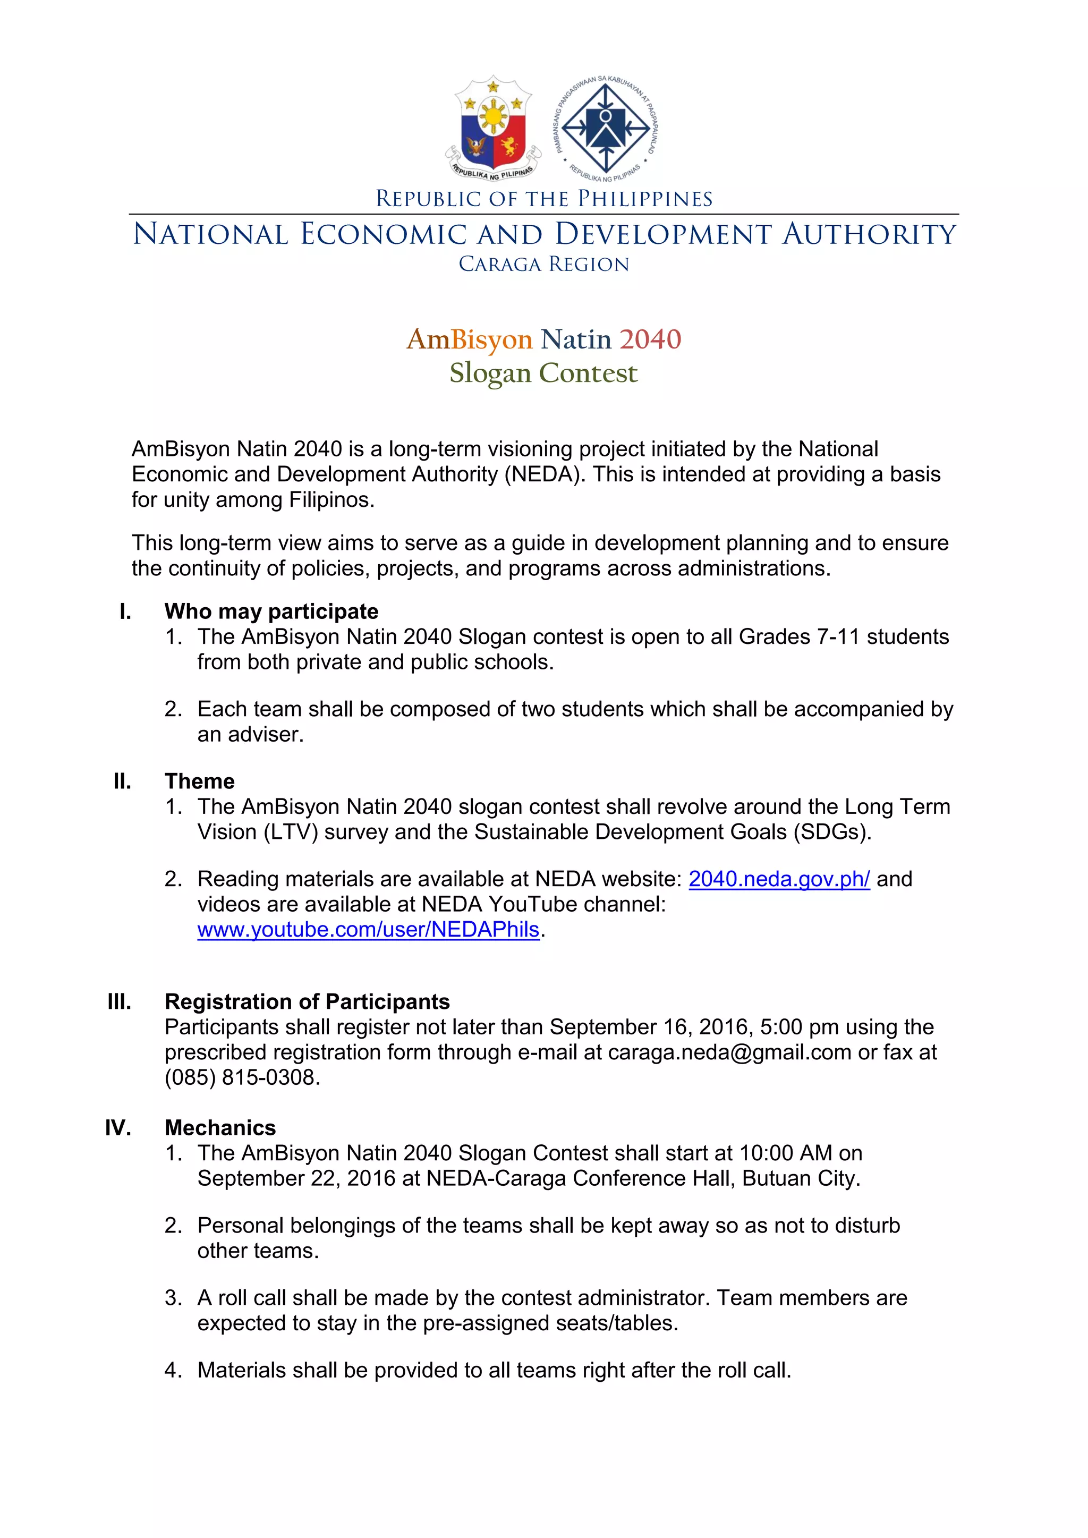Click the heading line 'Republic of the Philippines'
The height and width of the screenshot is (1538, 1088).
click(x=544, y=199)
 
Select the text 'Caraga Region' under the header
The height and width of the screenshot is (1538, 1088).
click(x=544, y=265)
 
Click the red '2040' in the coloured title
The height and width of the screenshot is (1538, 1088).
click(x=650, y=339)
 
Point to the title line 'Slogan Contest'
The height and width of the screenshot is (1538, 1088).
click(x=544, y=373)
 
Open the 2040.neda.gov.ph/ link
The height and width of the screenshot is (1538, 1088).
click(x=778, y=879)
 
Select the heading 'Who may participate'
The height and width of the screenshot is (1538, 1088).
click(x=271, y=611)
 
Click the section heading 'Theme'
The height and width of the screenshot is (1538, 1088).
click(x=200, y=781)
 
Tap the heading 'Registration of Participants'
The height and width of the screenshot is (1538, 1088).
click(x=307, y=1001)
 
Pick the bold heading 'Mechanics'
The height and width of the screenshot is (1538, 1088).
click(x=220, y=1127)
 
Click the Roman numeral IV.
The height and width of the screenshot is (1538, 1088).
click(x=118, y=1127)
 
